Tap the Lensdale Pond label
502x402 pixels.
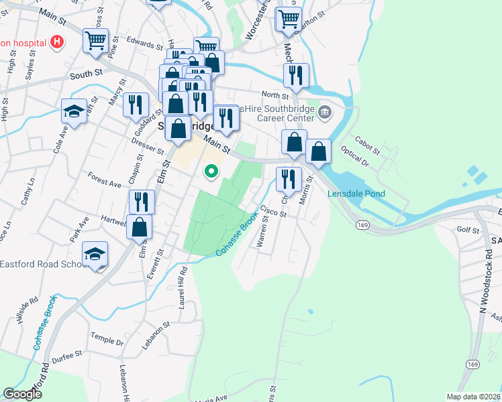356,194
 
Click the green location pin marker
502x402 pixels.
212,172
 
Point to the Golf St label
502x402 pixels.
468,230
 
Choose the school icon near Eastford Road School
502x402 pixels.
95,255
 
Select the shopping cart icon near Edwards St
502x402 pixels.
95,40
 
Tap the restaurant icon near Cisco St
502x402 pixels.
289,179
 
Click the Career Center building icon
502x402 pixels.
325,111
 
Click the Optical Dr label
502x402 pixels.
354,159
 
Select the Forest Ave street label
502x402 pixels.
104,178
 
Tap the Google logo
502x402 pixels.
23,394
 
